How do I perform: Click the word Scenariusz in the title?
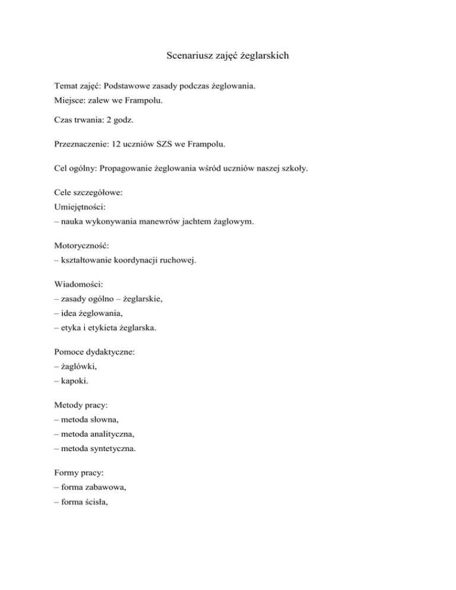[188, 57]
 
